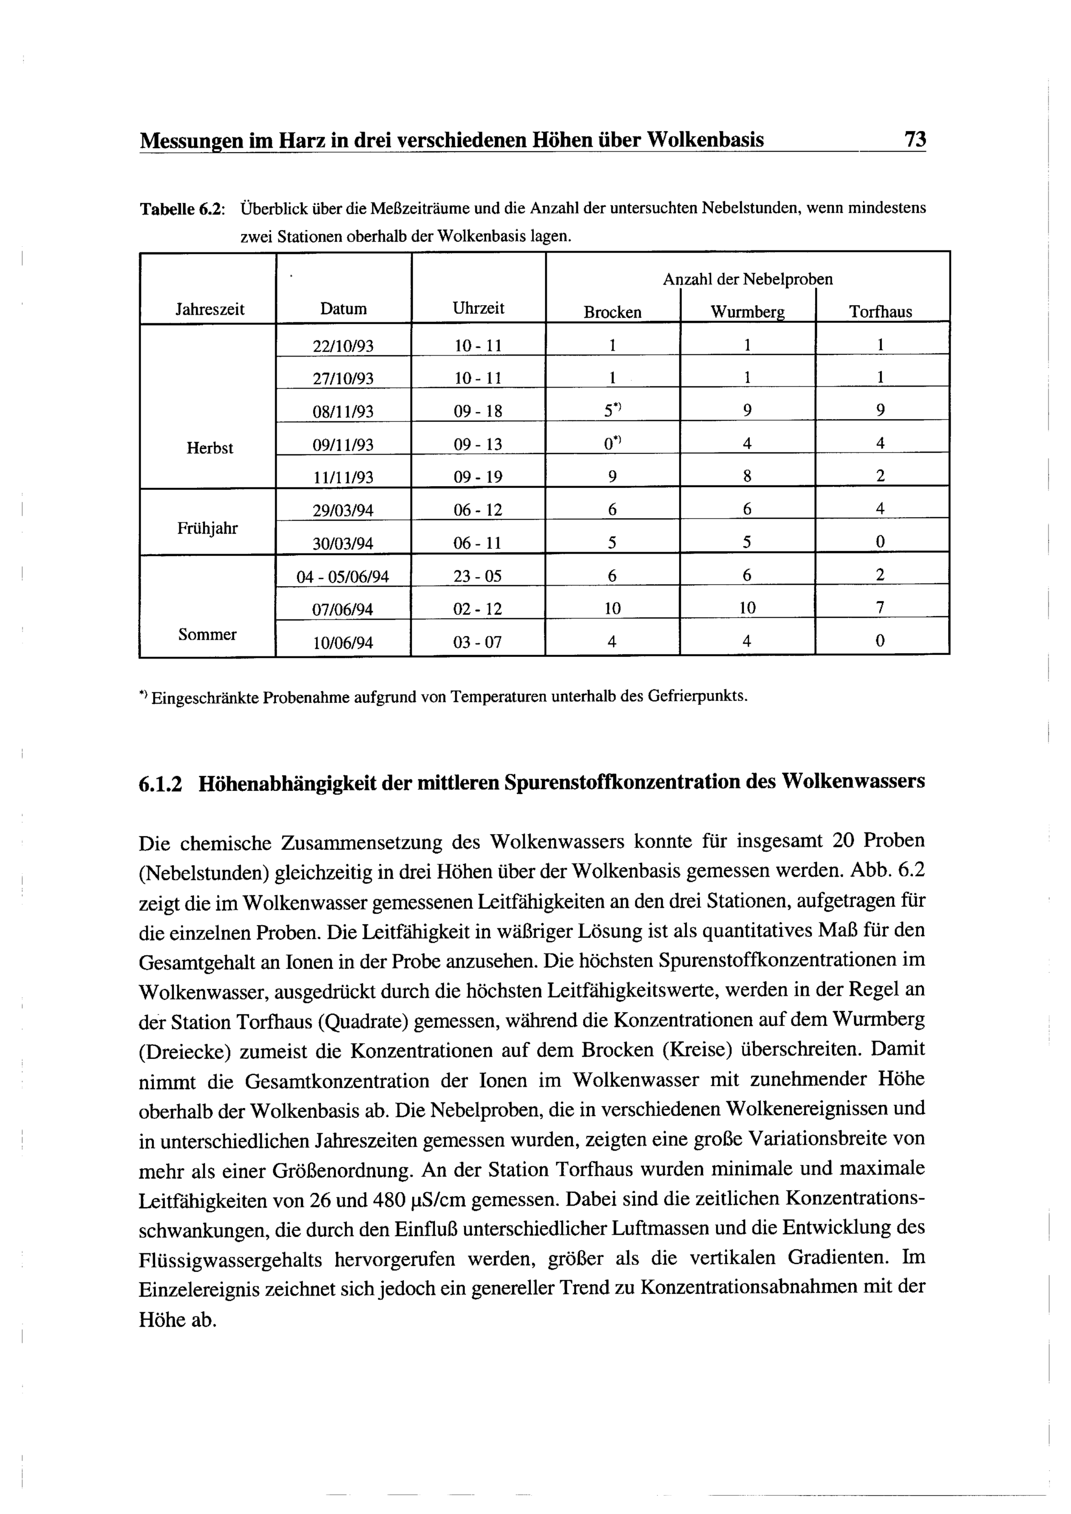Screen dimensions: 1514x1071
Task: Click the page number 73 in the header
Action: pos(915,140)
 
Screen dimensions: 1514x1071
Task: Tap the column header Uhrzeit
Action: pos(479,308)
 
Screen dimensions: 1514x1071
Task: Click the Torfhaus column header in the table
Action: pos(880,312)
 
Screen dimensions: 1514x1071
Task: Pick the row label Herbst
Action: pos(210,449)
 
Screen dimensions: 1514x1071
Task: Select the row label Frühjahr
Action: pos(207,528)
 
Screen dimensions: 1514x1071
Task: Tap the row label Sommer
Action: pos(207,634)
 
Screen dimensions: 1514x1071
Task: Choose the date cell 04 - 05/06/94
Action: pos(343,577)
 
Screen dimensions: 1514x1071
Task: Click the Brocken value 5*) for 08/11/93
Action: pos(613,410)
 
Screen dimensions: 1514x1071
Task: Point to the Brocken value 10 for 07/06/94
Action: pos(613,608)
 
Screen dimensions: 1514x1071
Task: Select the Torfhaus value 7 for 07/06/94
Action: pos(880,607)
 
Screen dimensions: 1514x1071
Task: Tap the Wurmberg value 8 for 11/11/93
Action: pos(747,476)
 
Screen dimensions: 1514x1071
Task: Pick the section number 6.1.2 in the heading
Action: pos(160,783)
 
